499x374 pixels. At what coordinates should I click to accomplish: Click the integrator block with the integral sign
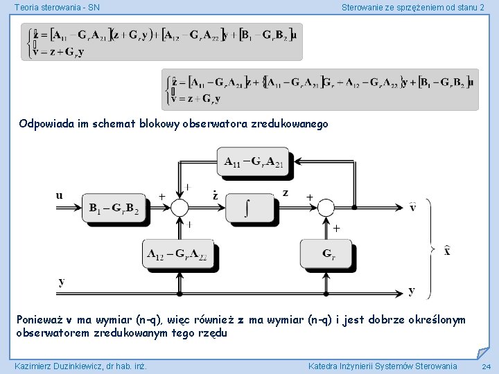(x=252, y=206)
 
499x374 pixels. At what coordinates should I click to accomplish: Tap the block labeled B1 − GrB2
(x=114, y=207)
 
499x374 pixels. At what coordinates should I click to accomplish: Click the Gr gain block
(x=328, y=254)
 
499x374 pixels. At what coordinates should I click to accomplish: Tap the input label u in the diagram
(x=60, y=195)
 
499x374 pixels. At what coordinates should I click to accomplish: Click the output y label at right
(x=412, y=290)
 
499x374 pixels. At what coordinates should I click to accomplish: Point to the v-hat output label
(x=412, y=206)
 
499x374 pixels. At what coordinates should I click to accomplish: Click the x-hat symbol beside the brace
(x=448, y=251)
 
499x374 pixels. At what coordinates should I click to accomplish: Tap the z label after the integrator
(x=286, y=193)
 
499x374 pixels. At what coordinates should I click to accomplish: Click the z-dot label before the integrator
(x=215, y=195)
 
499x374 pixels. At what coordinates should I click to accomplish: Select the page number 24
(x=486, y=366)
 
